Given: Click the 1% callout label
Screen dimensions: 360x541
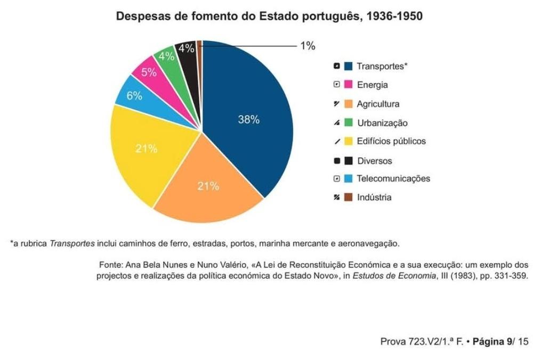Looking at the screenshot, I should coord(308,46).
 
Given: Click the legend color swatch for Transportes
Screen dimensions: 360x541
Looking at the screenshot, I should coord(349,67).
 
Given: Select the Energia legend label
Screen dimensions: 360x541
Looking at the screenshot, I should coord(372,85).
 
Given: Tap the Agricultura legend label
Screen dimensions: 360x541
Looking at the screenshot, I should coord(378,104).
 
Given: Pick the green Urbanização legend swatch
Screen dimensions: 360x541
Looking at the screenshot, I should coord(349,123).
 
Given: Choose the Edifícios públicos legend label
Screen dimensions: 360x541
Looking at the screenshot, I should coord(391,142).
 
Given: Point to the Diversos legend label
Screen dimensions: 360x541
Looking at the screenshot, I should coord(374,161).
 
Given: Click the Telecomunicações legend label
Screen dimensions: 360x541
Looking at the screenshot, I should coord(393,179).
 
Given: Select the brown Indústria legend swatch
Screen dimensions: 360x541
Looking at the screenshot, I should coord(349,198).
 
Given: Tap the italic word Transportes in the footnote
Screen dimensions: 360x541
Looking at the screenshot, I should coord(72,244).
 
